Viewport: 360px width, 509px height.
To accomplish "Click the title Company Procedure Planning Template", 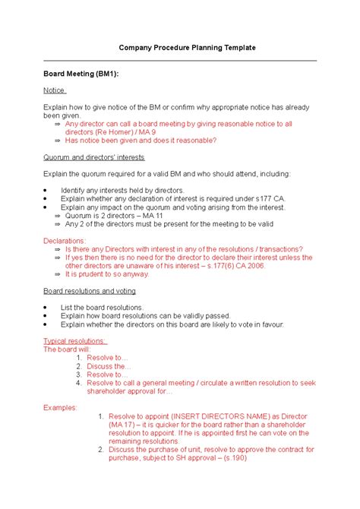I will coord(187,48).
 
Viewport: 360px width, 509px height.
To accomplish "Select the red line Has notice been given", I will coord(141,141).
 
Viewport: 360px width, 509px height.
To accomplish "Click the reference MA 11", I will coord(146,215).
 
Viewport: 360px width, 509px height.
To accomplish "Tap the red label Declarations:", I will coord(65,240).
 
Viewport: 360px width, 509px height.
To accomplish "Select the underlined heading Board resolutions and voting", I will coord(90,291).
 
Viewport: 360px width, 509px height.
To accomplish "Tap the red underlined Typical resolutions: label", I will coord(75,340).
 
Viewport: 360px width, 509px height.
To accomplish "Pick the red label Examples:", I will coord(61,407).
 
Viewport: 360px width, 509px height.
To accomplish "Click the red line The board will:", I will coord(67,349).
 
